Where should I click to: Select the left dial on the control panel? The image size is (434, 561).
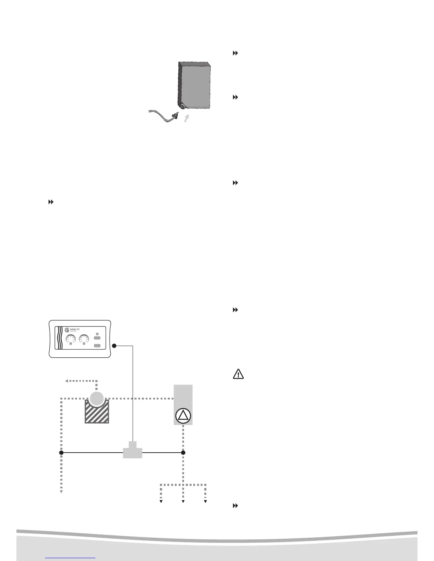coord(71,339)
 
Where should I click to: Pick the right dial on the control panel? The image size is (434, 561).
coord(84,339)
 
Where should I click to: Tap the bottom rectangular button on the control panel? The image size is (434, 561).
coord(98,346)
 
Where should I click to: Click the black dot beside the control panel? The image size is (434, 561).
coord(114,346)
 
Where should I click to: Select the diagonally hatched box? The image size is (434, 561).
coord(96,413)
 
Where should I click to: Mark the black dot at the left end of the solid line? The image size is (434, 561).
coord(61,453)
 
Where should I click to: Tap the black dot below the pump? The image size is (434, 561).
coord(183,453)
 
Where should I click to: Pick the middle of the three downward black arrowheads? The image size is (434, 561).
coord(183,501)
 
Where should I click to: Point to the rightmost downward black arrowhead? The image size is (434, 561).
coord(205,501)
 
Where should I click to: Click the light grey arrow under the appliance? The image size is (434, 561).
coord(186,118)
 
